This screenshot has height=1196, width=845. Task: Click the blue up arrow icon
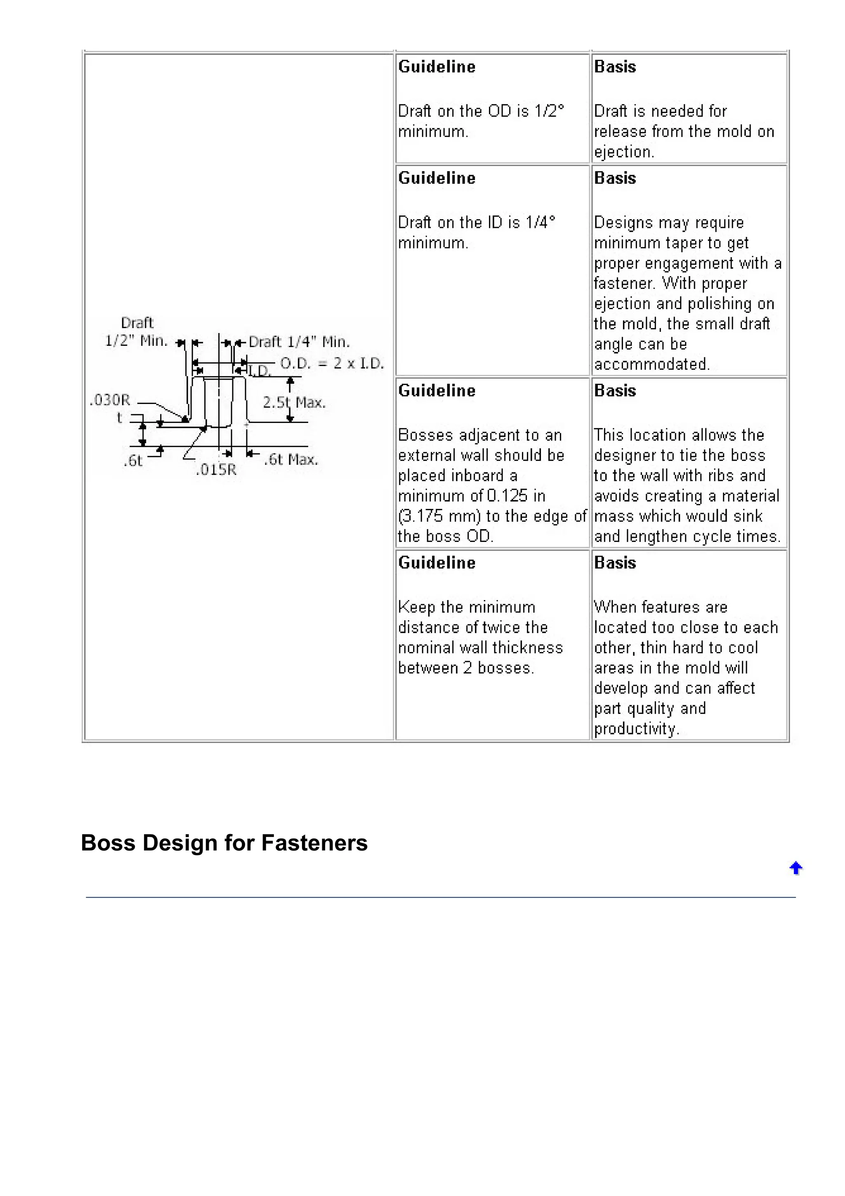(795, 868)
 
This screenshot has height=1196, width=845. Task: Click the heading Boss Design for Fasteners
(224, 843)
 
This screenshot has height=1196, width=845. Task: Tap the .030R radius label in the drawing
(110, 400)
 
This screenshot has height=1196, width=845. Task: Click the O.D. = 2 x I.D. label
(332, 363)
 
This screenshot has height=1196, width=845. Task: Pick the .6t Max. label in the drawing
(290, 459)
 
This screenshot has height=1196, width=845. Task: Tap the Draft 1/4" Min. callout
(299, 342)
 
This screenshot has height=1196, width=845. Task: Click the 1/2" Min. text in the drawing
(136, 340)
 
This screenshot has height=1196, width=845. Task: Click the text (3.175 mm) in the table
(438, 516)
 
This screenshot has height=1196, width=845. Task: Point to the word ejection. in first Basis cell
(624, 152)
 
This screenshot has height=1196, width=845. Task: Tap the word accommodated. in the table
(651, 364)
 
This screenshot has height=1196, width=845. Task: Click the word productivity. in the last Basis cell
(636, 729)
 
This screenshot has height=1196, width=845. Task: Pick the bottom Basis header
(615, 563)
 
